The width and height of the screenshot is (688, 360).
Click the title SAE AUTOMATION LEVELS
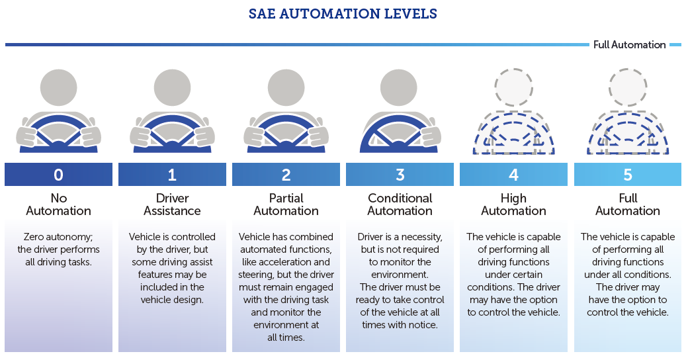pyautogui.click(x=343, y=14)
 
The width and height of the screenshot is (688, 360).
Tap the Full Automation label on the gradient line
pyautogui.click(x=629, y=45)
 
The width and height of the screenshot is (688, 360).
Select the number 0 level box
pyautogui.click(x=59, y=175)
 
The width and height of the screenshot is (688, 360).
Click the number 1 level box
pyautogui.click(x=173, y=175)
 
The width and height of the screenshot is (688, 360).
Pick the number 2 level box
pyautogui.click(x=286, y=175)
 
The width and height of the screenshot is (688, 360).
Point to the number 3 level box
pyautogui.click(x=400, y=175)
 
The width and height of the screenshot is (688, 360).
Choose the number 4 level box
pyautogui.click(x=514, y=175)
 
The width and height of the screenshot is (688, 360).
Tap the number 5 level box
pyautogui.click(x=628, y=175)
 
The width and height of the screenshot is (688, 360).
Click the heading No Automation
pyautogui.click(x=59, y=204)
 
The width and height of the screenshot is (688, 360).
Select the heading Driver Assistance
pyautogui.click(x=173, y=204)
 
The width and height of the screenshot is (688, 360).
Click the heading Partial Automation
pyautogui.click(x=286, y=204)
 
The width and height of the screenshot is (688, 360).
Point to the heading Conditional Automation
pyautogui.click(x=400, y=204)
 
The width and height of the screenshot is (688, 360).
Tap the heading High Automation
pyautogui.click(x=514, y=204)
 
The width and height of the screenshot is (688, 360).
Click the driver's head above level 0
pyautogui.click(x=59, y=86)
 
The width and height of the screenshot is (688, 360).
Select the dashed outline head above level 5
pyautogui.click(x=628, y=86)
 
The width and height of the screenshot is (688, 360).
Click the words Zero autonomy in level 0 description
pyautogui.click(x=59, y=237)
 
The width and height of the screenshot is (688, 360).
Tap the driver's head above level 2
pyautogui.click(x=286, y=86)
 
